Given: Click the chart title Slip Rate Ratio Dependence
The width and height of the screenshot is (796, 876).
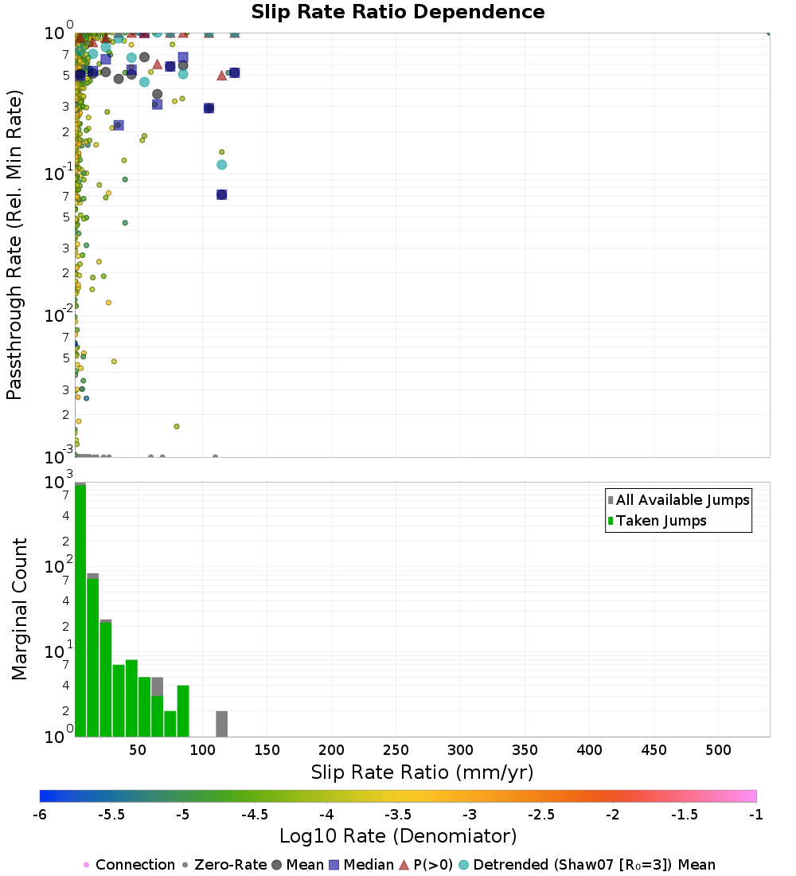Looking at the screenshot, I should pos(398,13).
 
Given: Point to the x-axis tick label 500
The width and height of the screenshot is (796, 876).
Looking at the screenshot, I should pos(718,750).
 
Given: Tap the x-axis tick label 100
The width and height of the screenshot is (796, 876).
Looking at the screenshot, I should pos(203,750).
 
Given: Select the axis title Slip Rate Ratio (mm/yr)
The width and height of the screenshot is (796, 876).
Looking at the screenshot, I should pos(422,772).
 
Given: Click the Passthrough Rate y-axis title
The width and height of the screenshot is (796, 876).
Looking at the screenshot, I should pos(14,244).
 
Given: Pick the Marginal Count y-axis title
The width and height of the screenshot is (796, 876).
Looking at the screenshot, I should pos(19,609).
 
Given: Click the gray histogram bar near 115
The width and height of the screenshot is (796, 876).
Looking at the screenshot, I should pos(221,724).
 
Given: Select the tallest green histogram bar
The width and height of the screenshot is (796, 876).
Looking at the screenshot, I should pos(80,610).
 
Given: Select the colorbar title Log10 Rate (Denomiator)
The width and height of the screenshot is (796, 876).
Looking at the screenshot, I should pos(398,836).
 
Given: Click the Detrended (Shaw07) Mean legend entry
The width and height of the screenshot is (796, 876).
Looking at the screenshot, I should pos(594,865).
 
